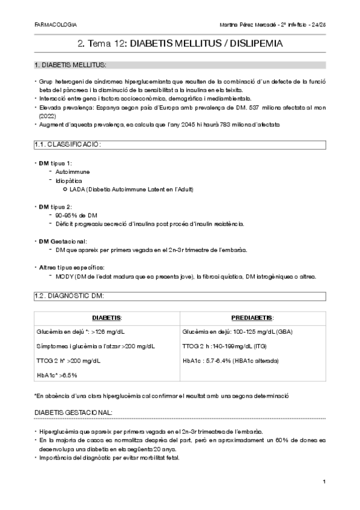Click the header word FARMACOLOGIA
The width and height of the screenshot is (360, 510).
pyautogui.click(x=56, y=25)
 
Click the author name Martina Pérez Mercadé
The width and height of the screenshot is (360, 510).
pyautogui.click(x=245, y=25)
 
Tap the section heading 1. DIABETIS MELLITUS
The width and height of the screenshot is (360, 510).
pyautogui.click(x=71, y=64)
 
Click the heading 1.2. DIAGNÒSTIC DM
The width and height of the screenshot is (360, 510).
pyautogui.click(x=70, y=296)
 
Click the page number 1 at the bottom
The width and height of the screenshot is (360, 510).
pyautogui.click(x=324, y=482)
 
